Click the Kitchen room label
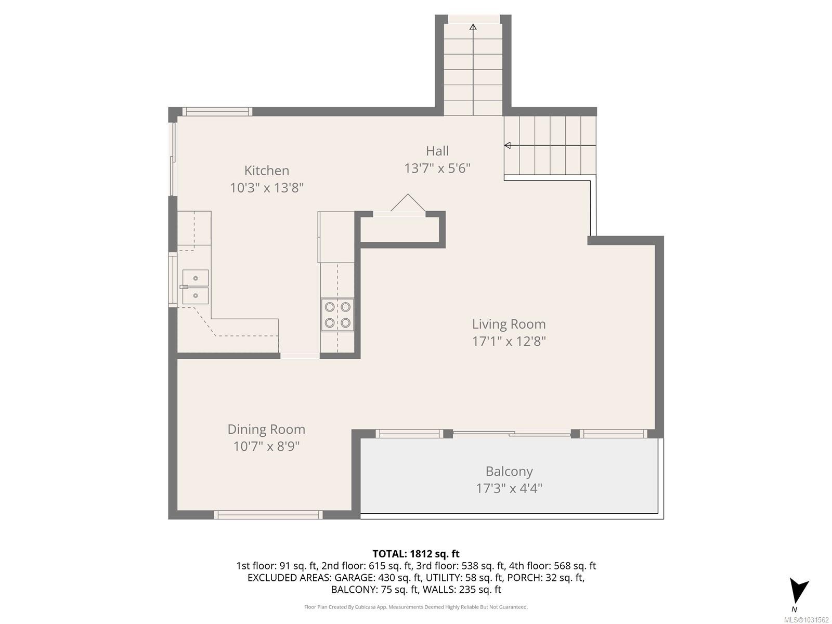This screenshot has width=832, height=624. (267, 171)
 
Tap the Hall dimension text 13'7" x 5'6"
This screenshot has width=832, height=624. (437, 168)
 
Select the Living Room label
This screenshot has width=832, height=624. (509, 324)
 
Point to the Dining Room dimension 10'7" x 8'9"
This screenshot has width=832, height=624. (266, 447)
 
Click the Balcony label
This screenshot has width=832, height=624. (509, 472)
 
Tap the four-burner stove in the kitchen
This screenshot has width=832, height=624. (337, 315)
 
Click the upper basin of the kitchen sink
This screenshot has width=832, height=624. (196, 278)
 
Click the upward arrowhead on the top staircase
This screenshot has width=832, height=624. (473, 27)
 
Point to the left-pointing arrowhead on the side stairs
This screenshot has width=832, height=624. (508, 146)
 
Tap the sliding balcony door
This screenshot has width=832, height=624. (512, 433)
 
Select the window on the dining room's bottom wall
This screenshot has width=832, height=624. (268, 515)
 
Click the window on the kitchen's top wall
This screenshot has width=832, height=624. (217, 111)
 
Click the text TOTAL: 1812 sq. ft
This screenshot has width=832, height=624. (415, 554)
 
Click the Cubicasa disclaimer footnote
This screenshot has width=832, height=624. (415, 607)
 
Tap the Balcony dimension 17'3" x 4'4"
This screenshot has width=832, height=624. (509, 489)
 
